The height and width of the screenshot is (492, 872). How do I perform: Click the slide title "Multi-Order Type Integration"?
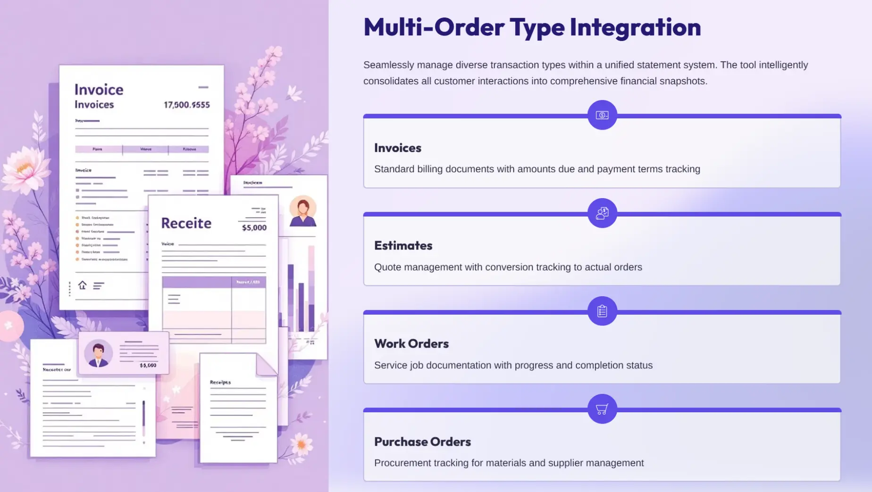(532, 27)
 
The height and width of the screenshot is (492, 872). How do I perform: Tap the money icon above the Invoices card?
(602, 115)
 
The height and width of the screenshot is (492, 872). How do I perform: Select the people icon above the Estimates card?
(602, 213)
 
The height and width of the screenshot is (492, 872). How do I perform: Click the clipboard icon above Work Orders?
(602, 311)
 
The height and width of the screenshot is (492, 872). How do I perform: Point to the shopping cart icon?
(602, 409)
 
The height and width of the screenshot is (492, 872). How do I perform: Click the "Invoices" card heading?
(397, 148)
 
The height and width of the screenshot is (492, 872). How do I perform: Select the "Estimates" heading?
(403, 246)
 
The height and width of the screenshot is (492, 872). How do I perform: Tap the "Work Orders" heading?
(411, 344)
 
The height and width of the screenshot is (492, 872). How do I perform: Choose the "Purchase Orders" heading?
(422, 442)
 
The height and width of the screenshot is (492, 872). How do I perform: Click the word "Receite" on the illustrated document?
(186, 223)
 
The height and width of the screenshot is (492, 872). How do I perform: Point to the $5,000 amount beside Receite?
(254, 228)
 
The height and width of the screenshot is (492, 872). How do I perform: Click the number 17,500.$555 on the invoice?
(187, 105)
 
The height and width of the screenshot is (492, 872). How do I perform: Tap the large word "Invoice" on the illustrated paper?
(99, 90)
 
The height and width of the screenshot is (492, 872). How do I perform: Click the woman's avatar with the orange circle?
(303, 211)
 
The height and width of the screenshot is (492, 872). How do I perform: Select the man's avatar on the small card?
(99, 353)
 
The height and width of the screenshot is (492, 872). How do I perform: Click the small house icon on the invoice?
(83, 285)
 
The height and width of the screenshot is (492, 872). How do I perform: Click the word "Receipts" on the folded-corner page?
(220, 382)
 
